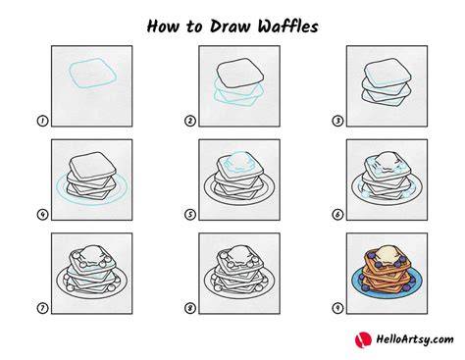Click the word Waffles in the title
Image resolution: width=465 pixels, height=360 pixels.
(287, 26)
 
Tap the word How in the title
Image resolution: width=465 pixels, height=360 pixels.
(163, 26)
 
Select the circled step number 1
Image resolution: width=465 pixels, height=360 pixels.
(42, 121)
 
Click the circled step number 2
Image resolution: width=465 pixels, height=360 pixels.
(190, 121)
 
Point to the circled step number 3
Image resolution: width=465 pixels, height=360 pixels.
(337, 121)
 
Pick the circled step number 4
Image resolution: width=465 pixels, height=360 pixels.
(42, 215)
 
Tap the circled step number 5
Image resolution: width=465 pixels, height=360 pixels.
(190, 215)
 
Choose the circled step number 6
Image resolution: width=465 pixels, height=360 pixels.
(337, 215)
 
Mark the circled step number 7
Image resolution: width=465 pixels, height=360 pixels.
(42, 308)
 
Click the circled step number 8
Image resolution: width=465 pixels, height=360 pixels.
(190, 308)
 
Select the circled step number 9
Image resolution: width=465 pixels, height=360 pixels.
(337, 308)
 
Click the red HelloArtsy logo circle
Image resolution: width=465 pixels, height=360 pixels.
(363, 339)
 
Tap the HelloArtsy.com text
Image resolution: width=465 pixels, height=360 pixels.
(415, 339)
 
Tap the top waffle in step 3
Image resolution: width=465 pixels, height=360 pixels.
(387, 73)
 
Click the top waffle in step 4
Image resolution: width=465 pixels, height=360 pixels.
(92, 167)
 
